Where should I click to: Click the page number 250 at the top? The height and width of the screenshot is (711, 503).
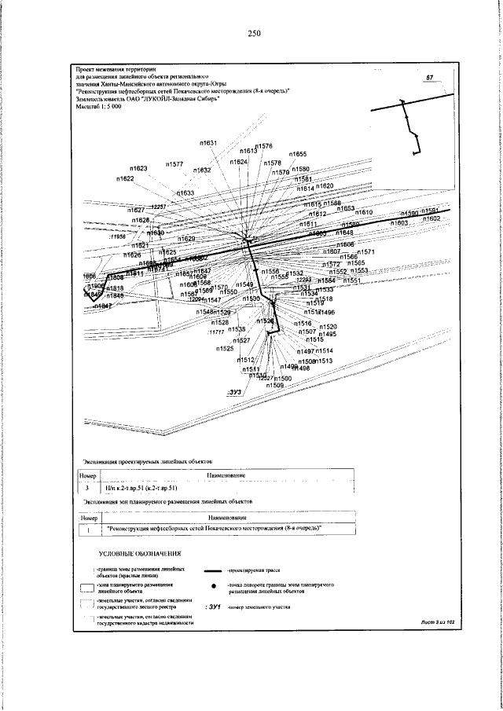[253, 33]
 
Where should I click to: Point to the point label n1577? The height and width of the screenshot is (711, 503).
[174, 164]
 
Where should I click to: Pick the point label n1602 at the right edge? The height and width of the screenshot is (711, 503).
[429, 219]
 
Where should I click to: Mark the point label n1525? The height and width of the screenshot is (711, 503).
[226, 348]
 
